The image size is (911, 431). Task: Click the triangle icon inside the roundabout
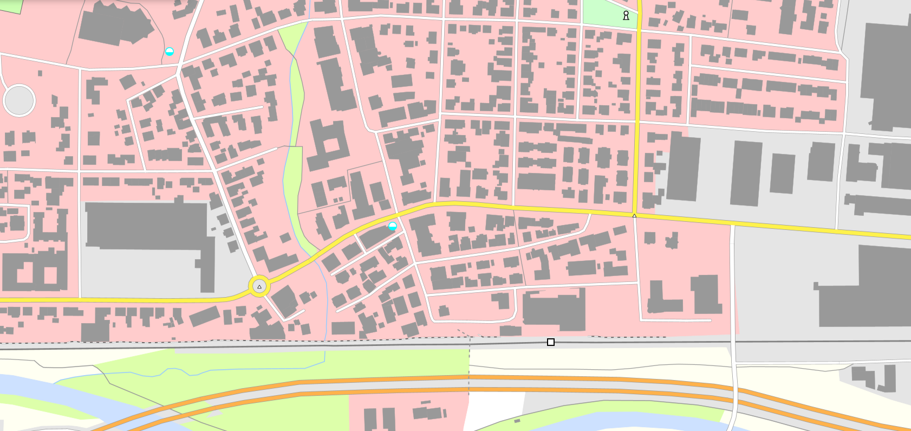point(259,287)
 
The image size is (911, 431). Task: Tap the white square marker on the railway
point(551,342)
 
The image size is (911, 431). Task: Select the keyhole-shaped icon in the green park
point(626,15)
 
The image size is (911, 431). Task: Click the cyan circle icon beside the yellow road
point(393,226)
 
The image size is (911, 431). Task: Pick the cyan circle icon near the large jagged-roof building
point(170,52)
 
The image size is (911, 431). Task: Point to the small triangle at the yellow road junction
point(634,216)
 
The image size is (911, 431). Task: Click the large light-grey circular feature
point(19,100)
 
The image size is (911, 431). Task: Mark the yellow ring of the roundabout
point(251,287)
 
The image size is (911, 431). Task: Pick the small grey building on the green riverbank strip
point(517,421)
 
